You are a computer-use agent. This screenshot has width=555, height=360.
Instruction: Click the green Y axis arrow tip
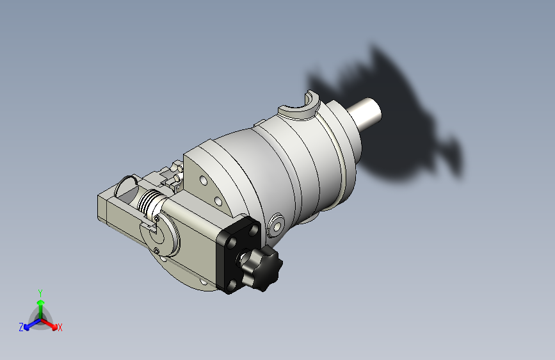(40, 302)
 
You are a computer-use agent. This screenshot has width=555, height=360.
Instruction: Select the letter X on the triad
(60, 328)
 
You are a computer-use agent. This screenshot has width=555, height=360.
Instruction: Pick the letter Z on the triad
(21, 327)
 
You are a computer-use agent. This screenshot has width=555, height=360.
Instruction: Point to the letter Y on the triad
(40, 293)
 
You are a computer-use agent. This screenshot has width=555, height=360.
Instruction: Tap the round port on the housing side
(276, 225)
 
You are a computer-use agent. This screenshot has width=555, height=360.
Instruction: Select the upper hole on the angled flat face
(204, 181)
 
